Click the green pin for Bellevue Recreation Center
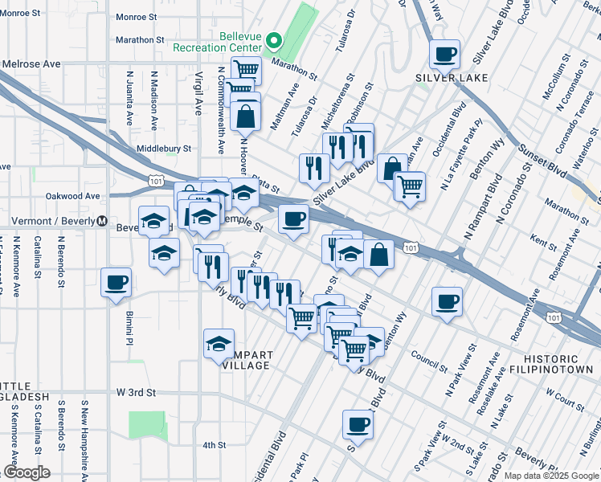pyautogui.click(x=273, y=40)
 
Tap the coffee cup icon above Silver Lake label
pyautogui.click(x=444, y=55)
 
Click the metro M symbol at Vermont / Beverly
pyautogui.click(x=102, y=221)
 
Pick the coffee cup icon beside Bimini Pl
pyautogui.click(x=117, y=284)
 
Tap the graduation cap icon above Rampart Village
pyautogui.click(x=219, y=345)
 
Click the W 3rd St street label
pyautogui.click(x=135, y=392)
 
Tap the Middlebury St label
pyautogui.click(x=164, y=149)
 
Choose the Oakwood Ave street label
pyautogui.click(x=72, y=195)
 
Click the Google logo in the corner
pyautogui.click(x=27, y=472)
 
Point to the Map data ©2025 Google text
pyautogui.click(x=550, y=476)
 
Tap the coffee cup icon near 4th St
pyautogui.click(x=358, y=426)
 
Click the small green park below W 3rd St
pyautogui.click(x=145, y=425)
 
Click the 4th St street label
pyautogui.click(x=215, y=444)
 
